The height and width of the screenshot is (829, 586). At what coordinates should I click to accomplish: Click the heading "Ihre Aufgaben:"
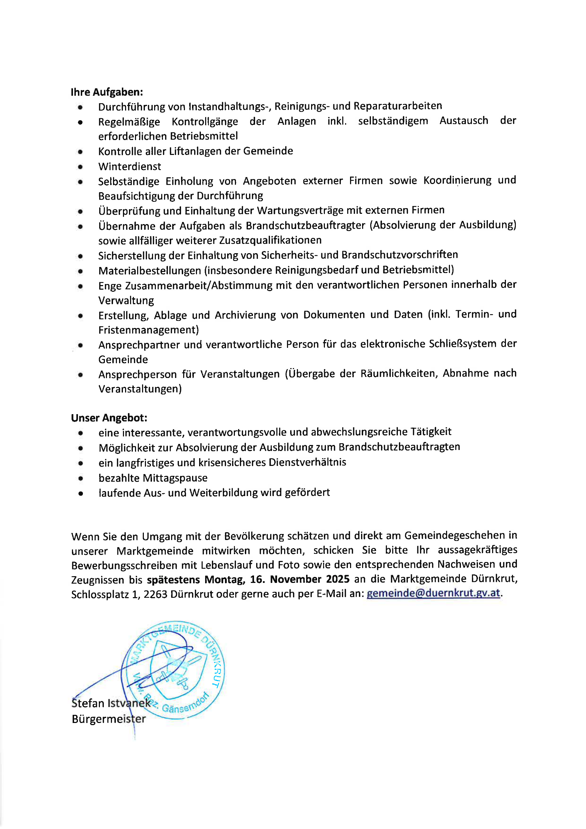(x=107, y=92)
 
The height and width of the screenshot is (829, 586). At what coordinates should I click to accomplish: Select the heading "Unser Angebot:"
(x=109, y=418)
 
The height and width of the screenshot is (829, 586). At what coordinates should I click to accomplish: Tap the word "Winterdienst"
(x=130, y=166)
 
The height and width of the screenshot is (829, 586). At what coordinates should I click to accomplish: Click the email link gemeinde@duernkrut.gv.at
(x=433, y=593)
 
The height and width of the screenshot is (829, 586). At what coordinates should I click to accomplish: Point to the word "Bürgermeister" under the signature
(x=109, y=719)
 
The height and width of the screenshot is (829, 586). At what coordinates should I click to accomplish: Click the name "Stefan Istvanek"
(x=111, y=703)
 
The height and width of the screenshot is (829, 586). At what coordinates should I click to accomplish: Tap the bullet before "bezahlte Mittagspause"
(x=81, y=478)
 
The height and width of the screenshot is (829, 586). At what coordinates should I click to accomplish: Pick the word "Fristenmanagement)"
(x=149, y=330)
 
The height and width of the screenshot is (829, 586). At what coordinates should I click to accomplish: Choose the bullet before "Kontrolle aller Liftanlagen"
(x=80, y=152)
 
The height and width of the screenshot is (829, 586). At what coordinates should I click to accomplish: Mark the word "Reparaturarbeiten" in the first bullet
(x=398, y=106)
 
